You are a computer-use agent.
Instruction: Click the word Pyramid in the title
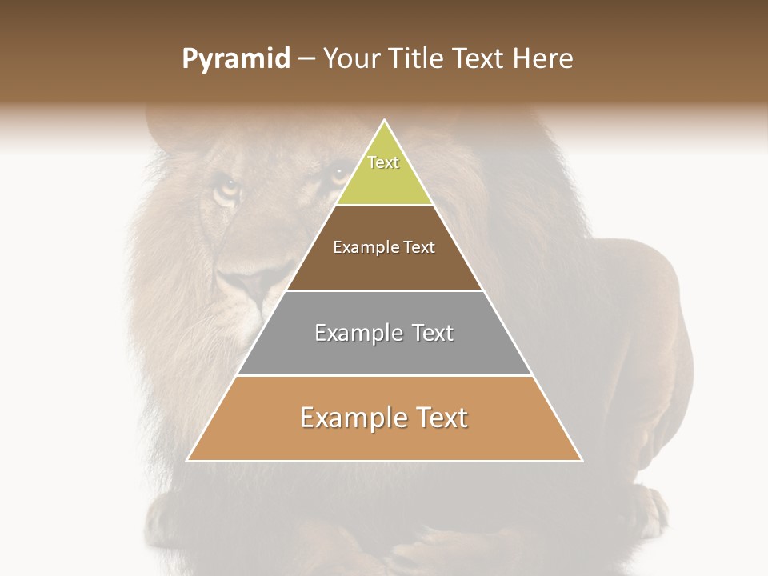tap(235, 59)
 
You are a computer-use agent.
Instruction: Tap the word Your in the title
tap(354, 59)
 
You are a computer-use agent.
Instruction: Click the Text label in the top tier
tap(383, 162)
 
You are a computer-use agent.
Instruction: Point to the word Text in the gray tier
tap(432, 333)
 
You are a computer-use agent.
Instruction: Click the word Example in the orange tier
tap(350, 418)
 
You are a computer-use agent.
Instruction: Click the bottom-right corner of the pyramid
tap(582, 461)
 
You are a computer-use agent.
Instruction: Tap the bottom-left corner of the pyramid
tap(187, 461)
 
